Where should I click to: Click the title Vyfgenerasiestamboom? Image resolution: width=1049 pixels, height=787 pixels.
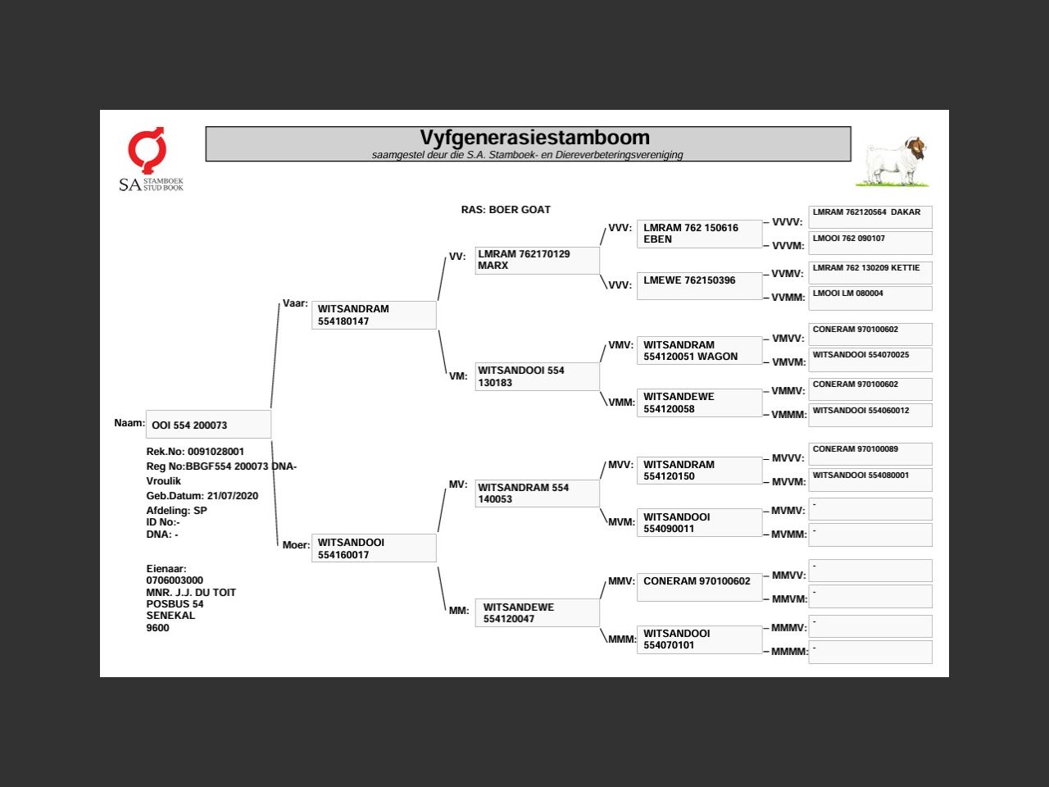(534, 138)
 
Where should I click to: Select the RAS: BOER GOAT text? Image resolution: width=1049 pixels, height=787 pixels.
(506, 210)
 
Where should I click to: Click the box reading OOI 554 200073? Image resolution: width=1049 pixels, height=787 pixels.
(208, 425)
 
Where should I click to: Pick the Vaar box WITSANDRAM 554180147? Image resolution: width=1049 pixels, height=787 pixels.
(374, 315)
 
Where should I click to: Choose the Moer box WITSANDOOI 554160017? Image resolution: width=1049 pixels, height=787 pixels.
(374, 548)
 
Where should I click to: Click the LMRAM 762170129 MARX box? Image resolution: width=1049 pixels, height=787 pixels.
(537, 260)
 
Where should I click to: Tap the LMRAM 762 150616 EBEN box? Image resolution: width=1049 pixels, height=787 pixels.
(699, 234)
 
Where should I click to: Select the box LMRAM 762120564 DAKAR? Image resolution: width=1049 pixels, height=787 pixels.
(870, 217)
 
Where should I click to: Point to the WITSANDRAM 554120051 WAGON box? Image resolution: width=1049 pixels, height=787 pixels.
(699, 351)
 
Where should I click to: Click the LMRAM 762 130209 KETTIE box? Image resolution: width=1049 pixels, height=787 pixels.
(870, 272)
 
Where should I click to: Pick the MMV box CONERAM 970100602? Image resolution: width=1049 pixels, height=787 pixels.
(699, 587)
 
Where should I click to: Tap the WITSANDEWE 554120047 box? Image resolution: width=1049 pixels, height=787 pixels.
(537, 613)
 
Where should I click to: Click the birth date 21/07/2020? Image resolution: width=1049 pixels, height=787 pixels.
(233, 496)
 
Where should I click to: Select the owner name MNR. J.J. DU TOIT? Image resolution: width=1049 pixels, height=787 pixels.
(191, 593)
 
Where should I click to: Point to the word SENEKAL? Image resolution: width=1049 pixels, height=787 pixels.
(170, 616)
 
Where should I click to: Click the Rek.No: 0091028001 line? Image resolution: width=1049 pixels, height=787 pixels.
(195, 452)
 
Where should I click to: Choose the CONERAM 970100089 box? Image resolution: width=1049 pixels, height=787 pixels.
(870, 454)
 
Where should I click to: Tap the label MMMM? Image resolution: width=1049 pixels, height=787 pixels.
(789, 652)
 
